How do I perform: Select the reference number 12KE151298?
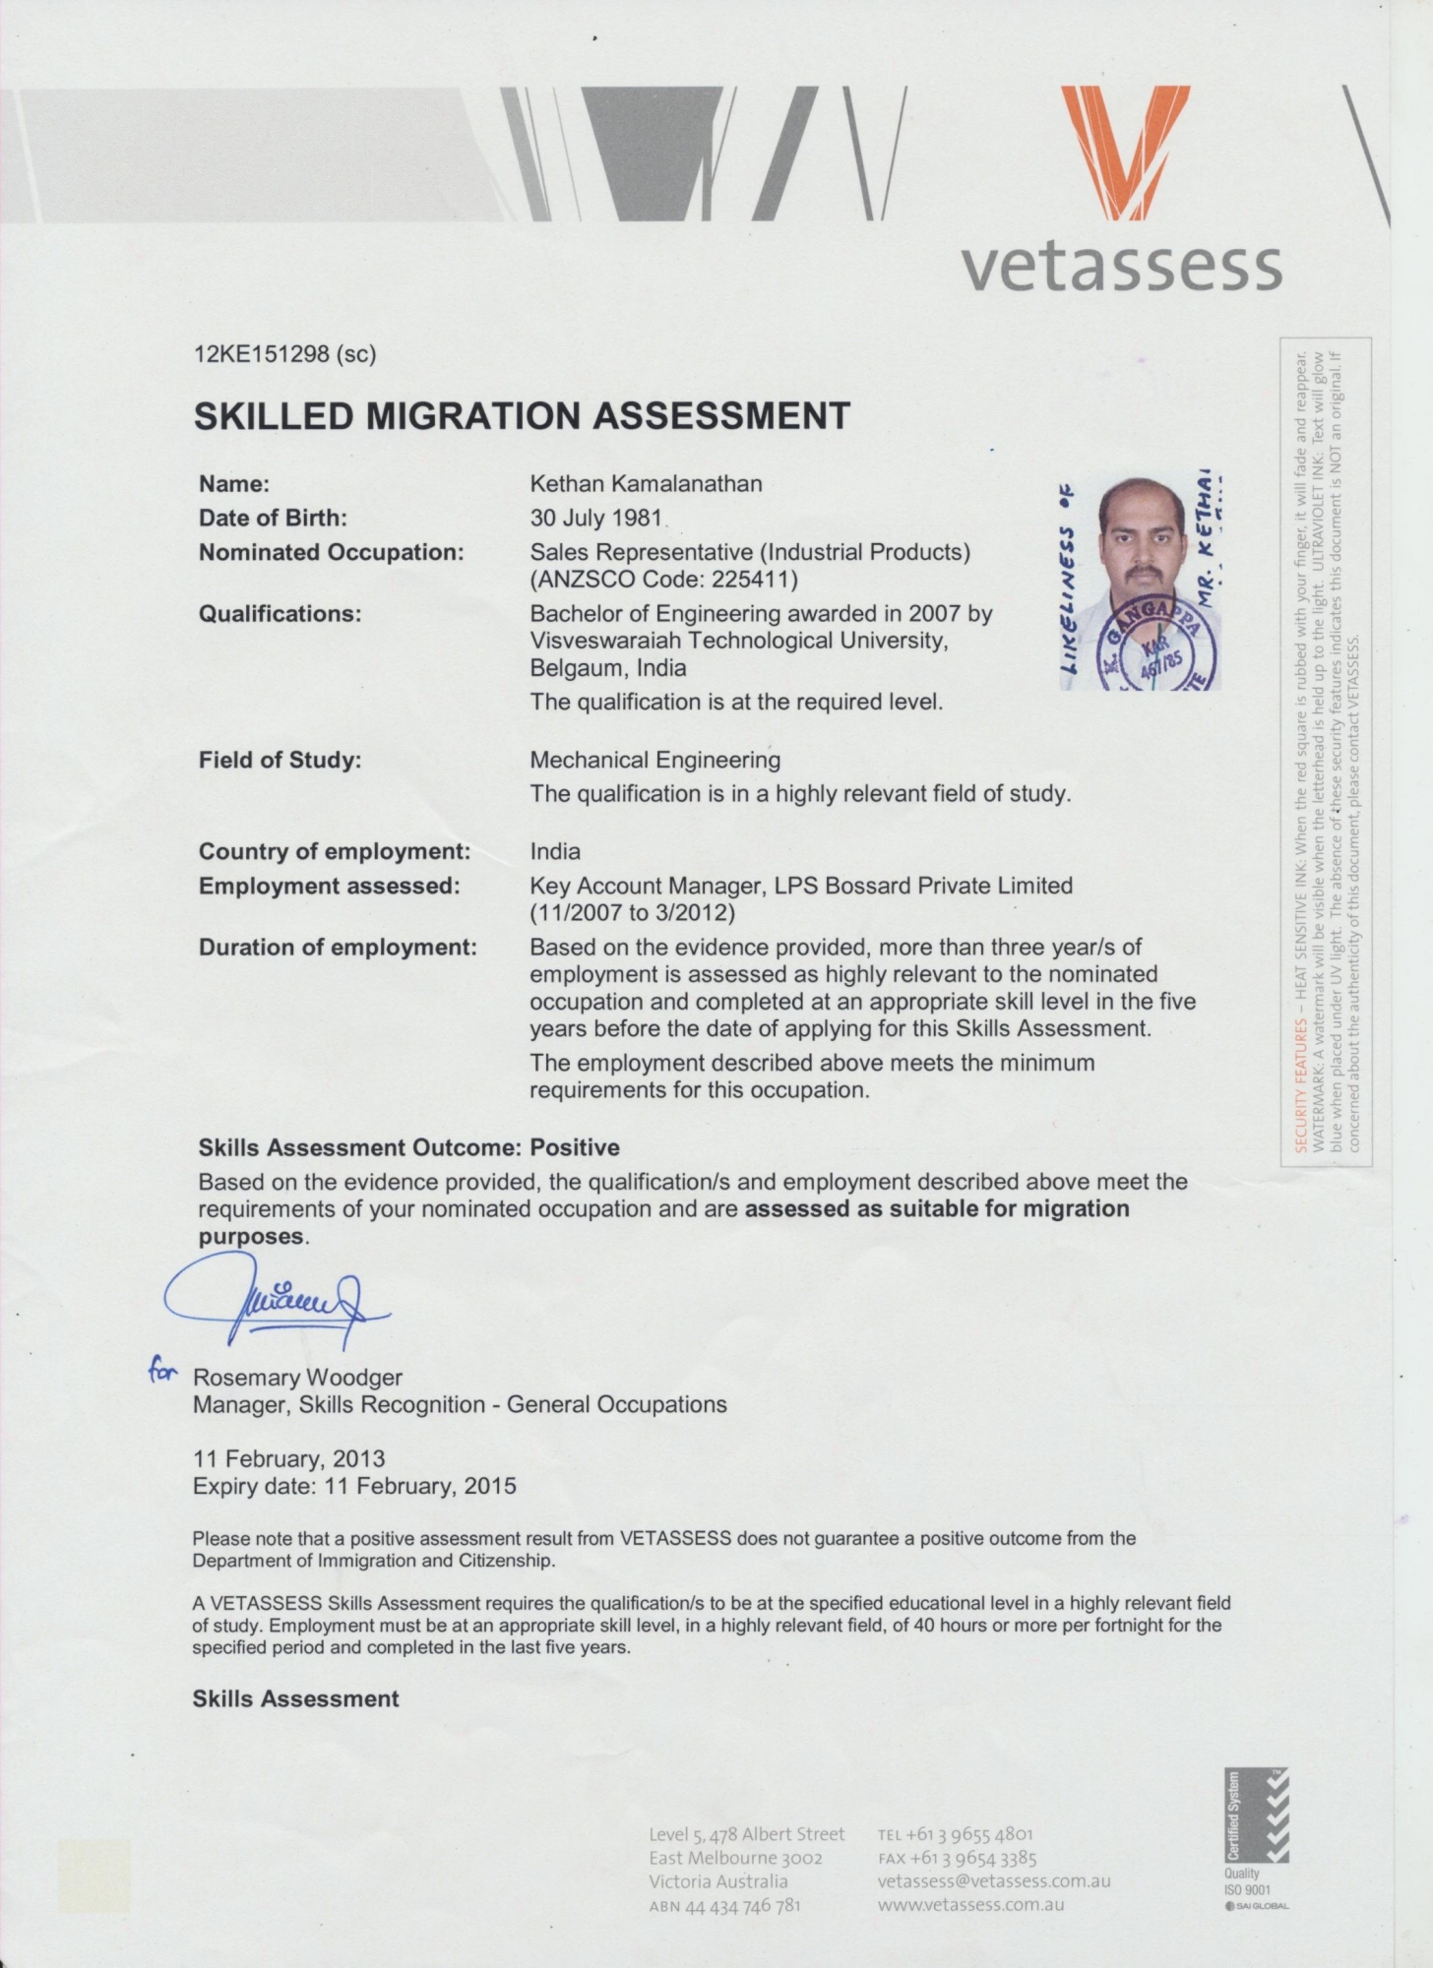click(263, 354)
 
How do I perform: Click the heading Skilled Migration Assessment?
click(522, 416)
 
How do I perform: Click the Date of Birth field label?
click(273, 518)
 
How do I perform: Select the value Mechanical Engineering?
click(654, 760)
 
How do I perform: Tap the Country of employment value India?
click(555, 851)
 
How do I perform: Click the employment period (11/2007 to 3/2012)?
click(633, 912)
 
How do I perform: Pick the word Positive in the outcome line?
click(575, 1147)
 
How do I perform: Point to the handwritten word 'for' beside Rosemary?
click(161, 1371)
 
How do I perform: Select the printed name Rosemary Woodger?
click(297, 1378)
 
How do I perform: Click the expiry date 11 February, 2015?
click(420, 1486)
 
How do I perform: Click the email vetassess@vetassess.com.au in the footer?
click(993, 1880)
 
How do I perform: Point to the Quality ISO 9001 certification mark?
click(1255, 1839)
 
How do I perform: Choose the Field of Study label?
click(280, 760)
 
